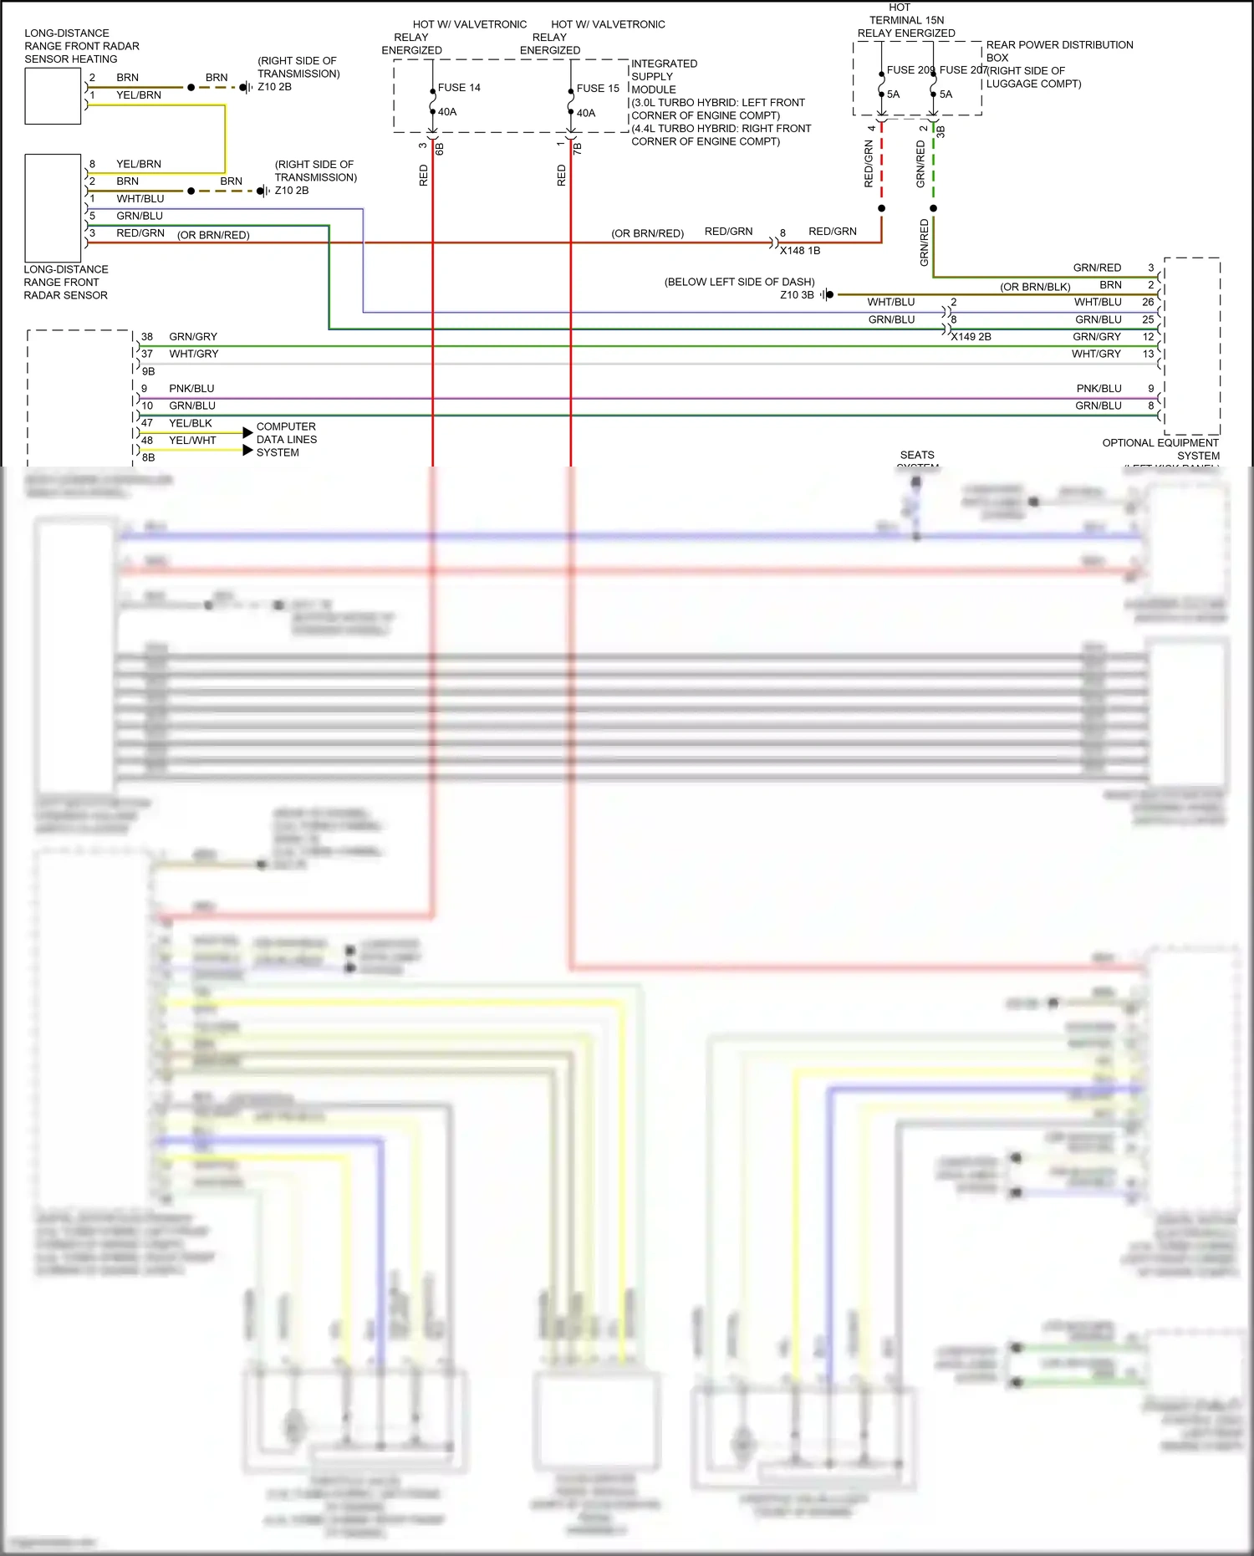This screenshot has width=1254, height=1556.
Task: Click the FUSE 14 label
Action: [x=459, y=88]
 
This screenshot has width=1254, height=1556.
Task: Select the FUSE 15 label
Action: [x=598, y=89]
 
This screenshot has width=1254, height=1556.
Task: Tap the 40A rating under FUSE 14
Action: [x=447, y=112]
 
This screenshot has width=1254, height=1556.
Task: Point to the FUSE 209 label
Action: [x=910, y=70]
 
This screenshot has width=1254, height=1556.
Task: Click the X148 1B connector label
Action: [x=800, y=251]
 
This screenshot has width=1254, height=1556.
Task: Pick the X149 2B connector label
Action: [x=971, y=337]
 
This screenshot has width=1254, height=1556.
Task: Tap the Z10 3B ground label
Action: [x=797, y=295]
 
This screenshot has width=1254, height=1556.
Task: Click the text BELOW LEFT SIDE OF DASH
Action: [x=739, y=282]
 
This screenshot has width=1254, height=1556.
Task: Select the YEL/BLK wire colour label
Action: [x=191, y=423]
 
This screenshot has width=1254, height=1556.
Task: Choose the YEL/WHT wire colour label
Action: [x=192, y=441]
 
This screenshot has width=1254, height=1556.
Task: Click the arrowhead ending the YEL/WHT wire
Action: [x=247, y=451]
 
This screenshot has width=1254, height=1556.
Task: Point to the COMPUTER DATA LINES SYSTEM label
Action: [x=286, y=440]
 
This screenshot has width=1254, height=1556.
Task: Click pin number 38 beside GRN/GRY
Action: [x=147, y=337]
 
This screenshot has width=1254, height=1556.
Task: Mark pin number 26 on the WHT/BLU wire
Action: [x=1148, y=302]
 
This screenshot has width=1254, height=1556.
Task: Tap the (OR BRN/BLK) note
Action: [x=1035, y=287]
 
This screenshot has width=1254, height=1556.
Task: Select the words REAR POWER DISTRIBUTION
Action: [x=1059, y=45]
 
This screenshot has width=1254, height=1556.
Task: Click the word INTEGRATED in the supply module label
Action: [x=664, y=64]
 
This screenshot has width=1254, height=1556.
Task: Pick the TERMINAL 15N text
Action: [x=906, y=20]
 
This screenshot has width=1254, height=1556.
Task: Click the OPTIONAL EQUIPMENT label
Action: [x=1160, y=443]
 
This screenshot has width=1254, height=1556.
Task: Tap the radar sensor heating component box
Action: [x=53, y=96]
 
